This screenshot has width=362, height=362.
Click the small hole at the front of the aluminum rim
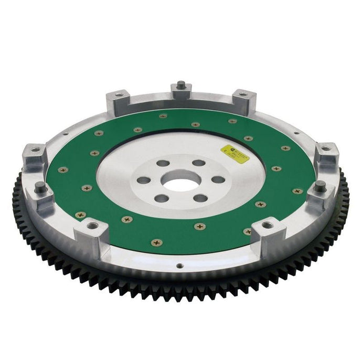178,266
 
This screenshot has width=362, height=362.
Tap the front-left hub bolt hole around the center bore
163,199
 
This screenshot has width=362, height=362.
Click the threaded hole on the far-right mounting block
326,148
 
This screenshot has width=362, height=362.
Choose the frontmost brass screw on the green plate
156,242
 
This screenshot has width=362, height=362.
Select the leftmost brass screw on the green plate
62,169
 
